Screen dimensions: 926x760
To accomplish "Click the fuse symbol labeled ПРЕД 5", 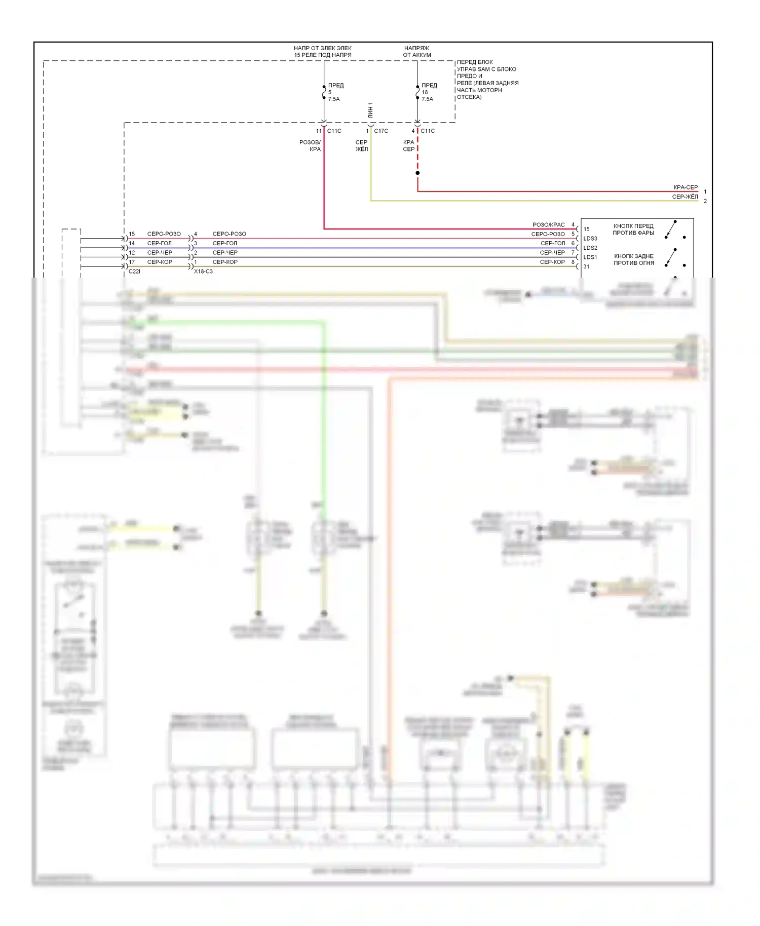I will [x=324, y=92].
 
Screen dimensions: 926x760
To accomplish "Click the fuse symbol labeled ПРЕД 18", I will [x=417, y=92].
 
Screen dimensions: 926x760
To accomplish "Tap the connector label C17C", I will [x=381, y=131].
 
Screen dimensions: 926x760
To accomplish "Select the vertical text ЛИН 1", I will [x=370, y=110].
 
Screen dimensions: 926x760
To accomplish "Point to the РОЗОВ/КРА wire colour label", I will [x=310, y=145].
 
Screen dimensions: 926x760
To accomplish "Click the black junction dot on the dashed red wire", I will [x=417, y=173].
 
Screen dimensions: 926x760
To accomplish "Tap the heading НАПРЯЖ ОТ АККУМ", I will [x=417, y=52].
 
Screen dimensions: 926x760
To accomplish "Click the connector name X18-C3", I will [x=203, y=272].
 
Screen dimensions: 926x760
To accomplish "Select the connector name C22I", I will [x=134, y=272].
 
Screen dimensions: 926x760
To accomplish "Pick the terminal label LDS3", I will [x=590, y=239].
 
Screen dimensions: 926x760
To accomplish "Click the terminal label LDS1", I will [x=590, y=257].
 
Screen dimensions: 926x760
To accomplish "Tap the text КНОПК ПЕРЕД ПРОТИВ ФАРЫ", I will [x=633, y=229].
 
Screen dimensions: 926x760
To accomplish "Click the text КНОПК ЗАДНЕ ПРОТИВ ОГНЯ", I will [x=634, y=259].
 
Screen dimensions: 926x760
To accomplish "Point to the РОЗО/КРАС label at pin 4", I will [x=548, y=225].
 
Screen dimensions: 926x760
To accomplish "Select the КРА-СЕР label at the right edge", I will [x=685, y=187].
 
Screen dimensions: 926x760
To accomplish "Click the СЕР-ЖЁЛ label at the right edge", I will [x=685, y=197].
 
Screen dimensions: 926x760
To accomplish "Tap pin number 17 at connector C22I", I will [x=132, y=262].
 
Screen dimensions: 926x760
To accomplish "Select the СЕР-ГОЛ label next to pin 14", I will [x=160, y=243].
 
